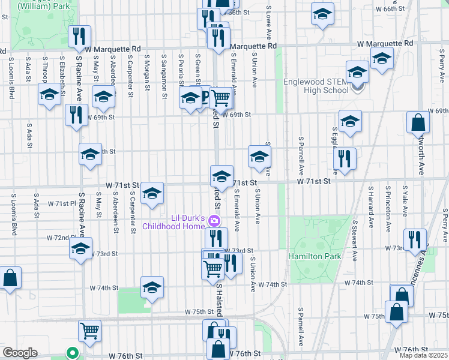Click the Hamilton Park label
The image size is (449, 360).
(315, 256)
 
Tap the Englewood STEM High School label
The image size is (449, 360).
(316, 86)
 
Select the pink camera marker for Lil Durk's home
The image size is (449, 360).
(213, 222)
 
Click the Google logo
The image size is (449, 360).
(20, 353)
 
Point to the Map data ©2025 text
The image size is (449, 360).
(423, 355)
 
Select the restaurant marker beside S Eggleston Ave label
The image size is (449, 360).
(345, 159)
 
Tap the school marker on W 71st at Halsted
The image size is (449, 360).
(221, 176)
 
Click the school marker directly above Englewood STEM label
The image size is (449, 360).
(357, 74)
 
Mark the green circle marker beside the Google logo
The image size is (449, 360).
(72, 353)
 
